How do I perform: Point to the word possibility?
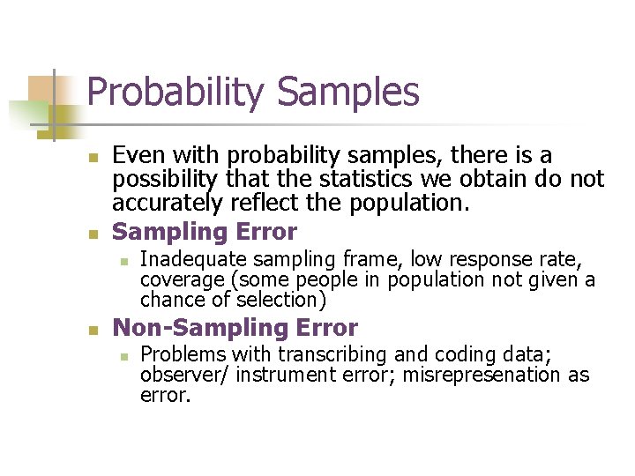[x=163, y=180]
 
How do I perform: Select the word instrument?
[x=285, y=376]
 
